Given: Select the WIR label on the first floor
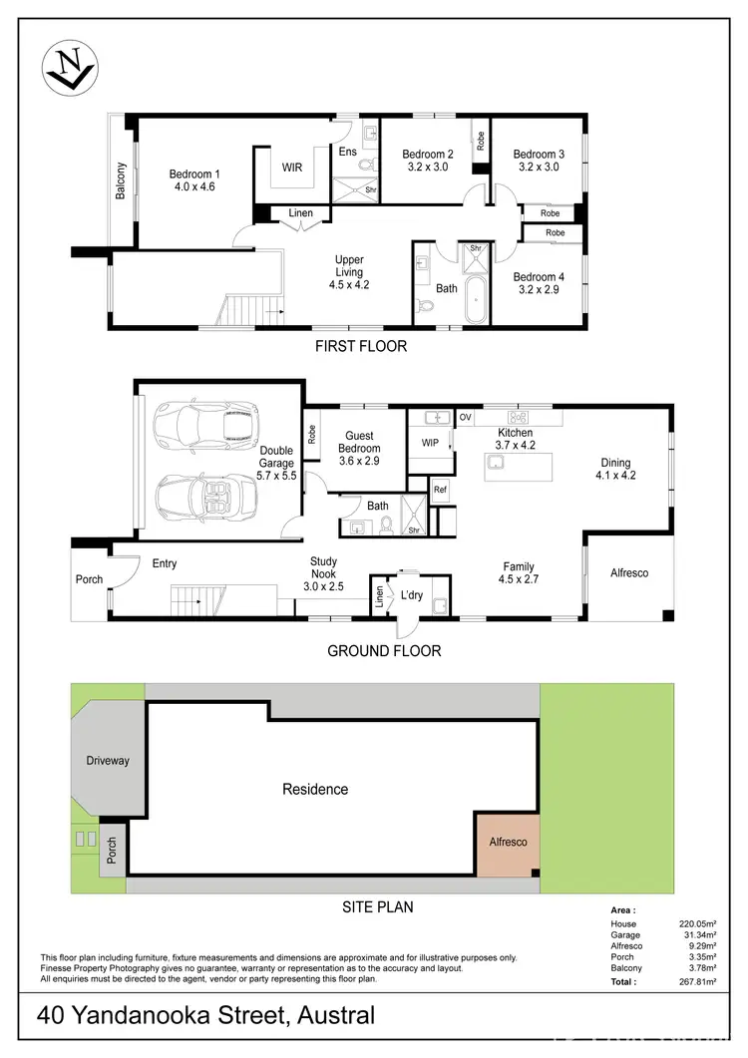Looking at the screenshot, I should coord(292,168).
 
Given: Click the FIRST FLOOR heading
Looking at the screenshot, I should coord(361,347).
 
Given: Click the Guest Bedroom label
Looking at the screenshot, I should coord(359,442).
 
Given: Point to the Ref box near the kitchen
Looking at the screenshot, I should coord(440,490).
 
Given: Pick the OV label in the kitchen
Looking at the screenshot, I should coord(465,417).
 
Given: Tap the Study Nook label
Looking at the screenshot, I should coord(323,568).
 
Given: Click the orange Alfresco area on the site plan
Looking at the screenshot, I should coord(507,843).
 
